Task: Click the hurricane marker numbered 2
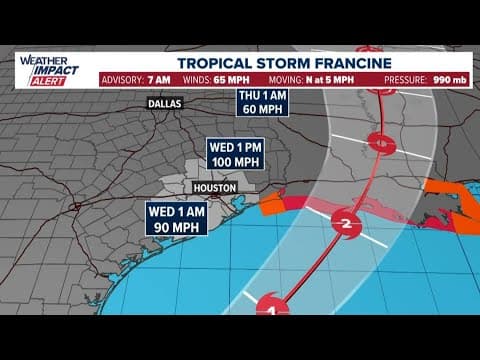coord(345,223)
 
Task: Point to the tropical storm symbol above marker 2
coord(379,142)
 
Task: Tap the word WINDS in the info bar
coord(197,79)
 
